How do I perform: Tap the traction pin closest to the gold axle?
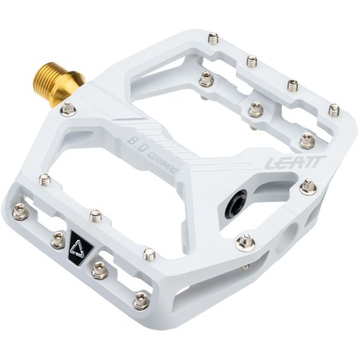pyautogui.click(x=67, y=109)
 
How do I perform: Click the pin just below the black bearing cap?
pyautogui.click(x=246, y=240)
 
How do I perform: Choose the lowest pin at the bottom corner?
pyautogui.click(x=140, y=299)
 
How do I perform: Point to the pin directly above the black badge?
pyautogui.click(x=95, y=215)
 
